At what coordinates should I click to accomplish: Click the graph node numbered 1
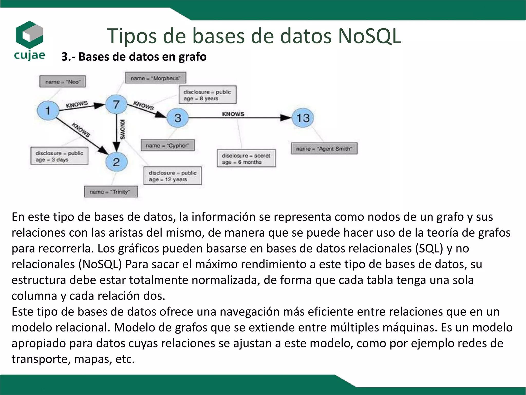coord(48,111)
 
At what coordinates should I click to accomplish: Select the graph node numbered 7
coord(116,104)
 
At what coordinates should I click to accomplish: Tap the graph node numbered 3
coord(178,118)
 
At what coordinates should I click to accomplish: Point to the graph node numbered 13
coord(303,118)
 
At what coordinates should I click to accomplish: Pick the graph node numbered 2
coord(116,162)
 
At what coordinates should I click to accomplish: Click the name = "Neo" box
coord(62,82)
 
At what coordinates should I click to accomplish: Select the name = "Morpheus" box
coord(155,78)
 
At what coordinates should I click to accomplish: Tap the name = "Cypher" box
coord(167,145)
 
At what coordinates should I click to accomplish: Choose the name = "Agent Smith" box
coord(324,148)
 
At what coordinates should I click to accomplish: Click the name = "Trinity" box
coord(111,192)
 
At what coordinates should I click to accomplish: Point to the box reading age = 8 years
coord(208,95)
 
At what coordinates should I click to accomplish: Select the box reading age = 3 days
coord(59,156)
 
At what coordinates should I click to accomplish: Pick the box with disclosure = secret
coord(246,158)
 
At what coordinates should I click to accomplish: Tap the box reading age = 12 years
coord(173,176)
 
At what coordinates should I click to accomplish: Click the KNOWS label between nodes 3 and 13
coord(233,114)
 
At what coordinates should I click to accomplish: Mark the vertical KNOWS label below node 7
coord(123,129)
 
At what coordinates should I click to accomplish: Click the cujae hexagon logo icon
coord(29,35)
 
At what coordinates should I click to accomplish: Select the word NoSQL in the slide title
coord(369,36)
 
